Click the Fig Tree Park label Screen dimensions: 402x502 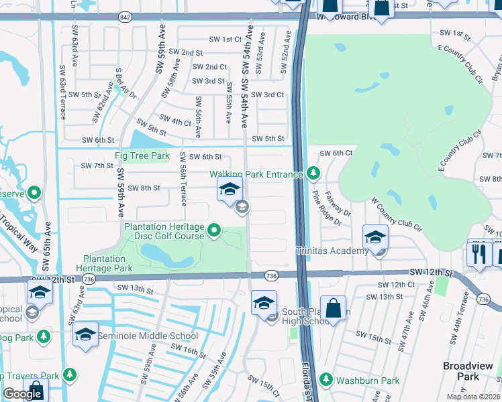(142, 155)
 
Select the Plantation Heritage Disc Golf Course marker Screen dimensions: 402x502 (214, 231)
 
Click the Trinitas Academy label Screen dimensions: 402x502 (332, 251)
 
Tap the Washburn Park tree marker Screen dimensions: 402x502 (326, 380)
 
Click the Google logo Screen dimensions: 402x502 (22, 394)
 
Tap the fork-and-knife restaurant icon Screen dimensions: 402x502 (478, 254)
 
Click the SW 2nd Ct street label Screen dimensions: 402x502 (209, 67)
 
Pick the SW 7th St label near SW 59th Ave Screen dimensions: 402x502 (97, 165)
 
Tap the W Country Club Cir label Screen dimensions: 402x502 (399, 213)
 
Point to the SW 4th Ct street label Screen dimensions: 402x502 (176, 121)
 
